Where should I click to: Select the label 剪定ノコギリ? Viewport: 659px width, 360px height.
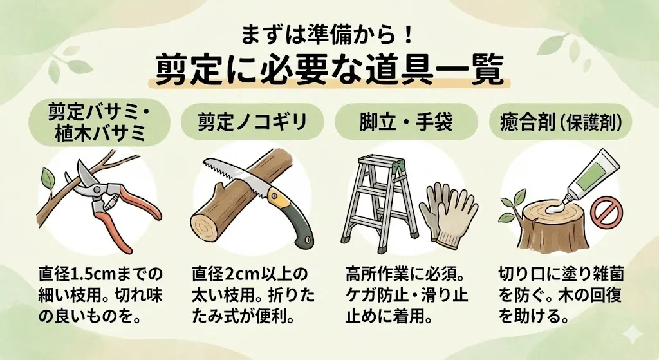tap(252, 122)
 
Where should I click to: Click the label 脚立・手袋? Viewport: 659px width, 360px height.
tap(406, 122)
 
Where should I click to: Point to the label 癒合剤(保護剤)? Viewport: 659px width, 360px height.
tap(561, 122)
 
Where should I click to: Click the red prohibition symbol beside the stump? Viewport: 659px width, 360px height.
tap(603, 213)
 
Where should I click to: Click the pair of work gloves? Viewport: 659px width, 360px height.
tap(448, 215)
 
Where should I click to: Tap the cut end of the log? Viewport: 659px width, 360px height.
tap(206, 227)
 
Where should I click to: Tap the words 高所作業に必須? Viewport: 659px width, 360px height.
tap(401, 274)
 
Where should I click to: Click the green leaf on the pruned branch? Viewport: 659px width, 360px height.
tap(48, 179)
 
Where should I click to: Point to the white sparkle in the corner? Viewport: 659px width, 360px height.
tap(633, 335)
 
